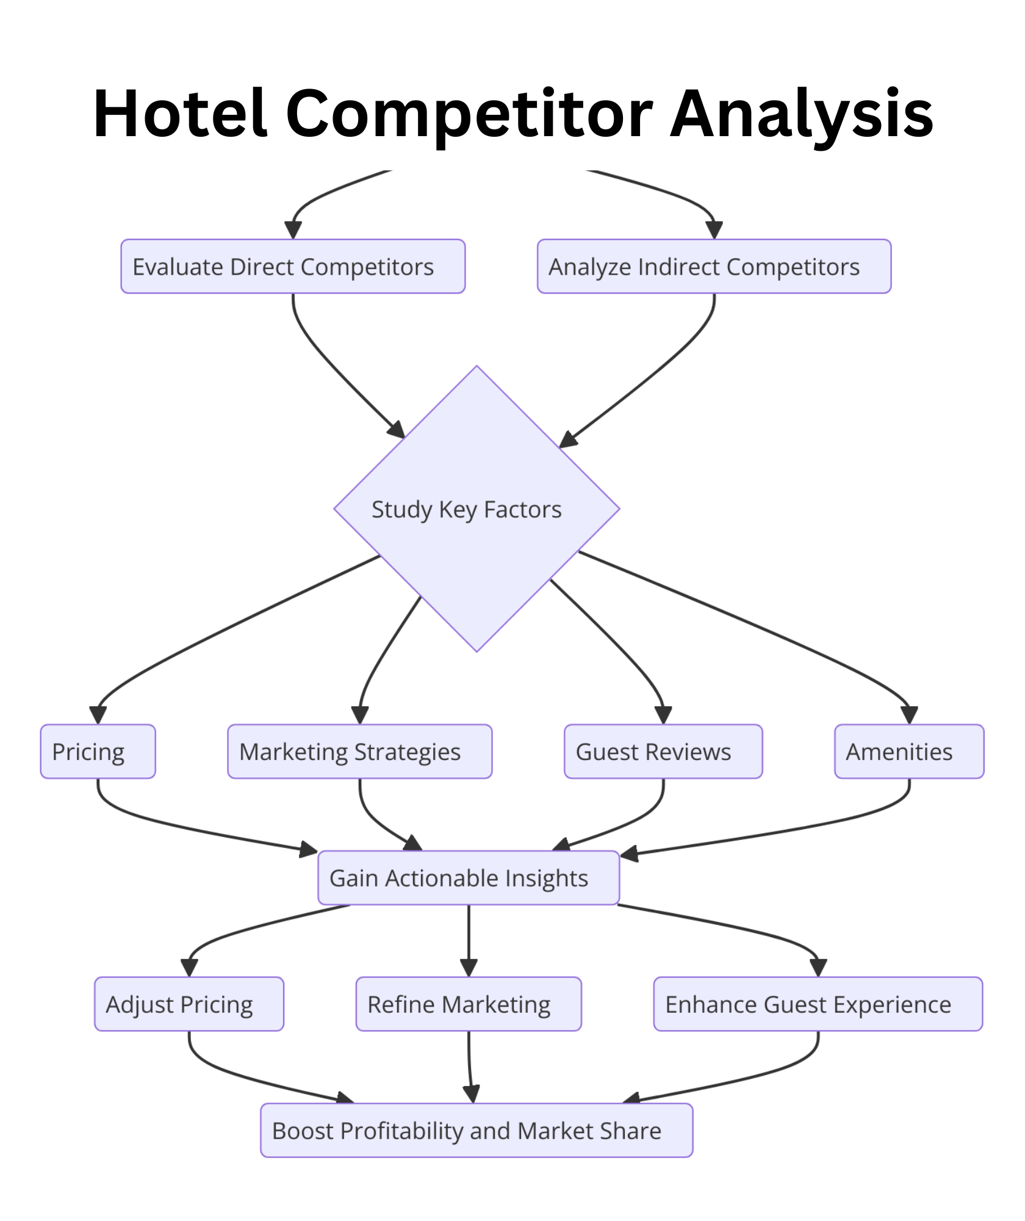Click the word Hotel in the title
(181, 114)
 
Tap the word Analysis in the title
(802, 114)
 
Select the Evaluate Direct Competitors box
(293, 267)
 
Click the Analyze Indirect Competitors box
(714, 267)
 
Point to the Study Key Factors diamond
(477, 509)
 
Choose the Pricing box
(98, 752)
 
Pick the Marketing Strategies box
(359, 752)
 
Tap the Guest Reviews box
(663, 752)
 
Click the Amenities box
(909, 752)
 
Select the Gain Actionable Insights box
(469, 878)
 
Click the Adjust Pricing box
(189, 1004)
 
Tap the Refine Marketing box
(469, 1004)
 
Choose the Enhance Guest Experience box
(818, 1004)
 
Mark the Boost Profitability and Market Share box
(477, 1131)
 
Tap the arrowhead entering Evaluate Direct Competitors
(293, 230)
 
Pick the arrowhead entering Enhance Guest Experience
(818, 968)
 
